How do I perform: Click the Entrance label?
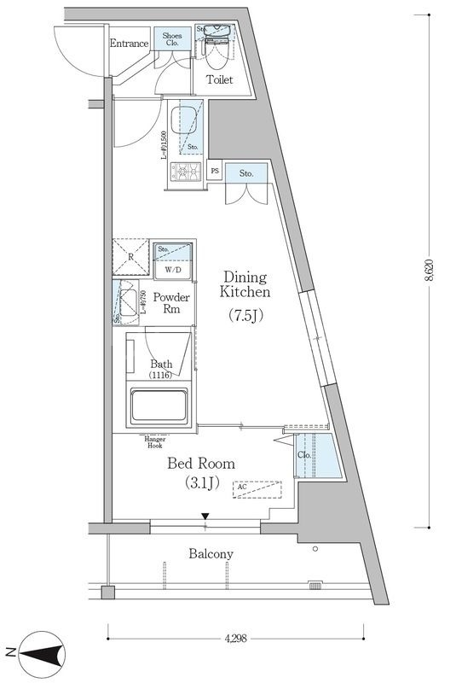pos(129,44)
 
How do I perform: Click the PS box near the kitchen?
pos(213,172)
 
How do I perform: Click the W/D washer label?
pos(175,271)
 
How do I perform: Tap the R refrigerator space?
pos(131,257)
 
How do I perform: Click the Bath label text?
pos(161,365)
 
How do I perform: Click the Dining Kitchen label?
pos(245,284)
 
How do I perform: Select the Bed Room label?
pos(200,464)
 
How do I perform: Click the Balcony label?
pos(210,554)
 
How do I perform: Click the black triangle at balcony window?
pos(205,516)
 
